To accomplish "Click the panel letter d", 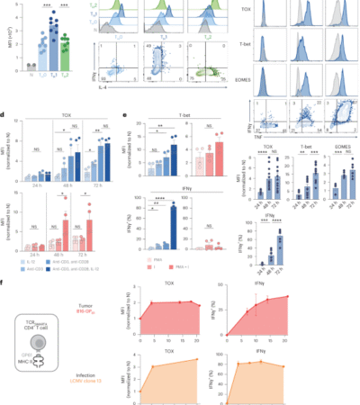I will click(x=5, y=114).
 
